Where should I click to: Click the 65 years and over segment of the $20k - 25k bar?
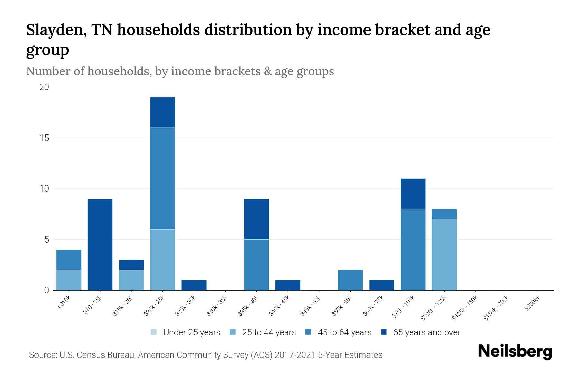[163, 113]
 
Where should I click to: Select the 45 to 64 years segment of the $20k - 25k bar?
[163, 178]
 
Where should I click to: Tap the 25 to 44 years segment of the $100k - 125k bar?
[444, 255]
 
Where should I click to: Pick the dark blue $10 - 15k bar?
[100, 244]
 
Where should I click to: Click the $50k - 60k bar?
[350, 280]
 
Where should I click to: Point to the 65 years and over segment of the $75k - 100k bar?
[413, 194]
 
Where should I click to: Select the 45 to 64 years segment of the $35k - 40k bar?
[256, 265]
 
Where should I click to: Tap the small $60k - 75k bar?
[382, 285]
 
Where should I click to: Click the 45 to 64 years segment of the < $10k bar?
[69, 260]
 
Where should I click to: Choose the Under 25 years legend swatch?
[154, 332]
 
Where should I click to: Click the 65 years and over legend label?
[427, 332]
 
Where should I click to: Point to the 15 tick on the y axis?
[44, 138]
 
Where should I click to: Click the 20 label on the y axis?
[44, 87]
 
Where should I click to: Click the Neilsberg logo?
[515, 352]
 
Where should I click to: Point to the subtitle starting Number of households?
[180, 71]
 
